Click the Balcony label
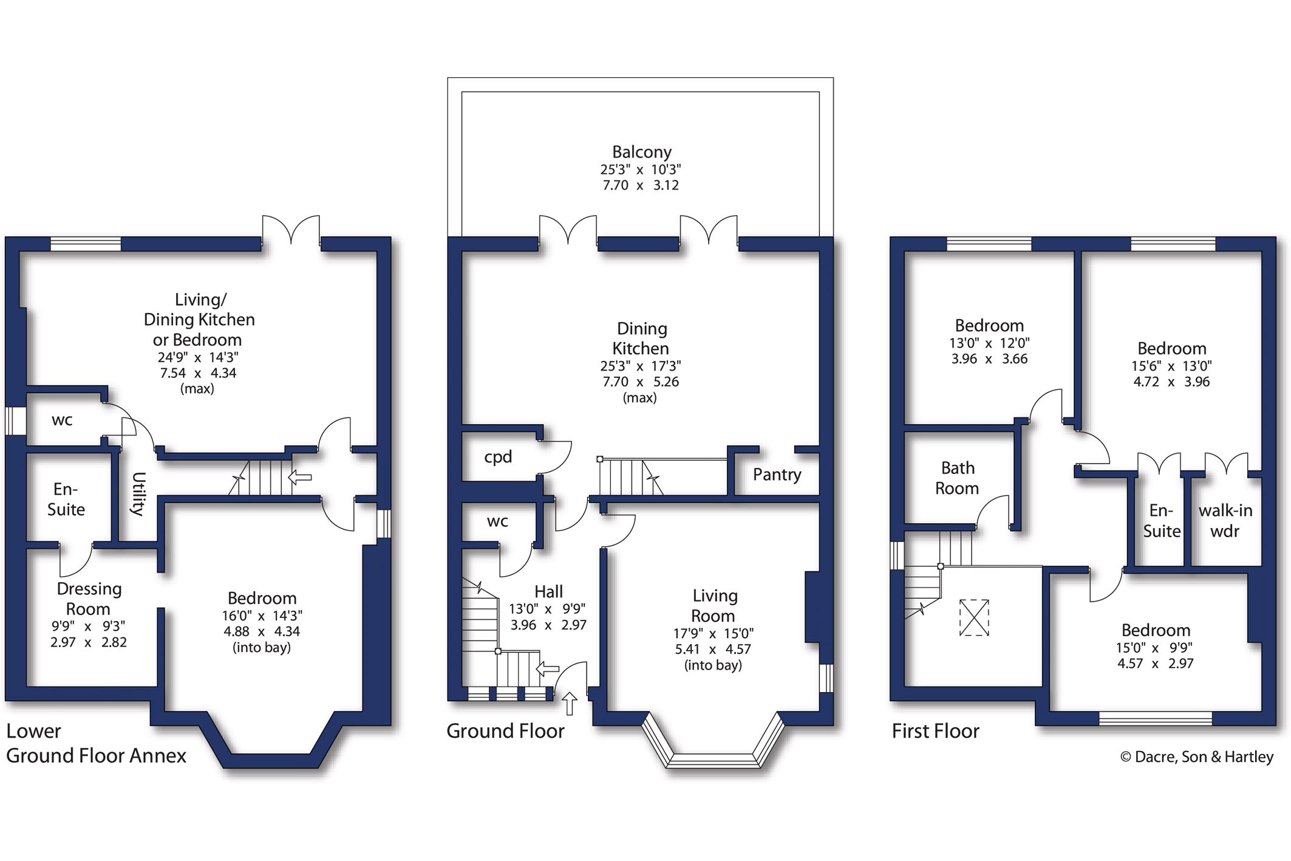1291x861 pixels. (641, 152)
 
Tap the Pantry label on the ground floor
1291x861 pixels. (777, 475)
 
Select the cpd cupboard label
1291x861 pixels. (498, 458)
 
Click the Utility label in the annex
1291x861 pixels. (138, 494)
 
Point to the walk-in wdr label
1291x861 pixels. (1225, 521)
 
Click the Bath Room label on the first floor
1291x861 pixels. (957, 478)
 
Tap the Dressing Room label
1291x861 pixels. (89, 599)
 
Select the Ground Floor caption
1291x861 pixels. (505, 731)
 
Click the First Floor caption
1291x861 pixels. (935, 731)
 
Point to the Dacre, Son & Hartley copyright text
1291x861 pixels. (1196, 757)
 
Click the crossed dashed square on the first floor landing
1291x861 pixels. (974, 617)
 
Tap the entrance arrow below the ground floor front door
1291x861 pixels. (569, 704)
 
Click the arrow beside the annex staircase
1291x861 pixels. (299, 477)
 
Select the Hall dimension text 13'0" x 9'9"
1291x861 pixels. (547, 609)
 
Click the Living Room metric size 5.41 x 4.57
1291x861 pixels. (713, 650)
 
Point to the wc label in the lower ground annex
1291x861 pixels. (62, 420)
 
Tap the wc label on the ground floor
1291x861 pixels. (497, 521)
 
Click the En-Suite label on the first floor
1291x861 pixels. (1162, 521)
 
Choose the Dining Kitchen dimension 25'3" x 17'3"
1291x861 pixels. (641, 366)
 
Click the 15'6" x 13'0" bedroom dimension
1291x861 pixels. (1171, 366)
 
